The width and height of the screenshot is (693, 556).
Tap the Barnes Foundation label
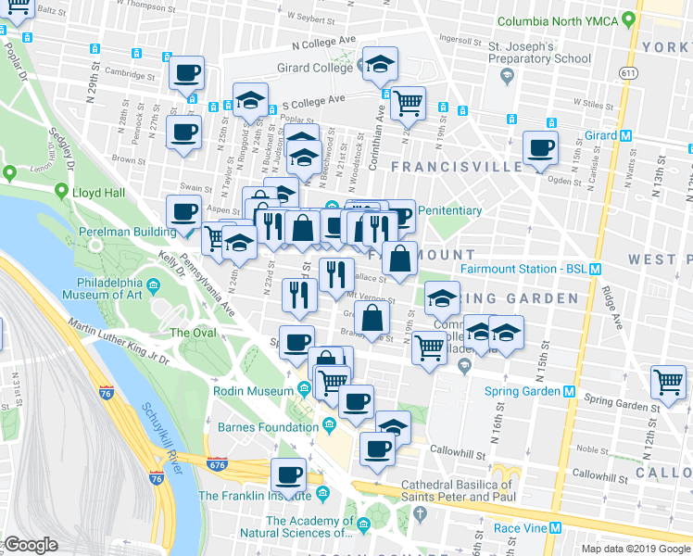(x=267, y=427)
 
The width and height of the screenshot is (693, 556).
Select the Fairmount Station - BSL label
(x=523, y=269)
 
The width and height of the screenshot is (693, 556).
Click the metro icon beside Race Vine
(x=556, y=528)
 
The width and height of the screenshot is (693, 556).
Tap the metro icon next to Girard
(x=626, y=135)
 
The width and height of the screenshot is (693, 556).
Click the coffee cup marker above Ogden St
(x=540, y=147)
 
